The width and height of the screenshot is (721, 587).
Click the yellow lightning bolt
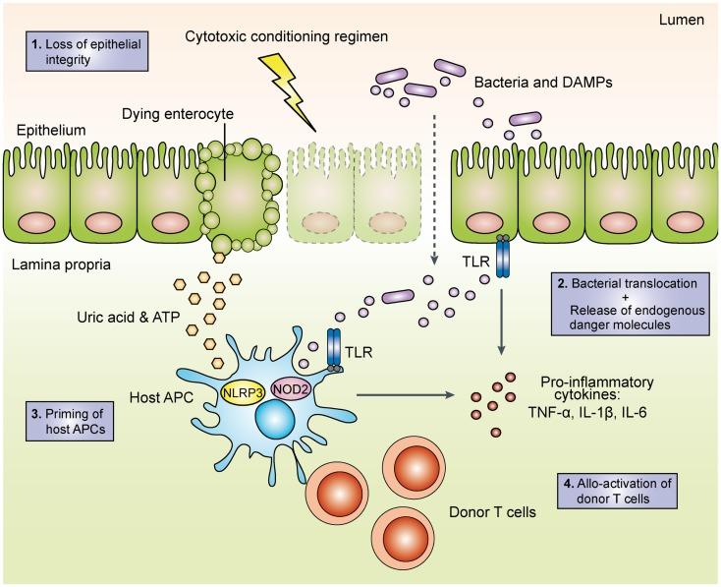coord(289,90)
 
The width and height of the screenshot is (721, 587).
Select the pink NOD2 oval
coord(291,389)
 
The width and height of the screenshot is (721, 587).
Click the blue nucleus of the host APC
coord(275,422)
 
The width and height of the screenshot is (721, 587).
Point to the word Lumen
coord(681,20)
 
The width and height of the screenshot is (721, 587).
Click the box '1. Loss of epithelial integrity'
coord(86,51)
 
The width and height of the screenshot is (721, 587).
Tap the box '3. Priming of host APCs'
coord(70,421)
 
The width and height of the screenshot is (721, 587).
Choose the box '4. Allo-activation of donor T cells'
coord(617,491)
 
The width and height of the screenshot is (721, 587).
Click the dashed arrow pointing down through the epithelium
coord(433,188)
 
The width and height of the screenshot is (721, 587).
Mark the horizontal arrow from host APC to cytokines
coord(406,394)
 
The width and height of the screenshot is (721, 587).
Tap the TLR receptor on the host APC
coord(334,351)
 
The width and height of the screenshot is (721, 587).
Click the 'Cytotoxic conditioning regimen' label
coord(287,36)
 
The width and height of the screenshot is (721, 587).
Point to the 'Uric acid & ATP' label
coord(129,318)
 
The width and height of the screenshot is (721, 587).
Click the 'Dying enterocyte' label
coord(178,114)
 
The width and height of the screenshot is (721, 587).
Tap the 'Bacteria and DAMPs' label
coord(543,83)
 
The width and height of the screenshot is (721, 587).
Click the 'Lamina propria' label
coord(61,264)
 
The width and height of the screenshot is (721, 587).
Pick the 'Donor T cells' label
coord(492,512)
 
